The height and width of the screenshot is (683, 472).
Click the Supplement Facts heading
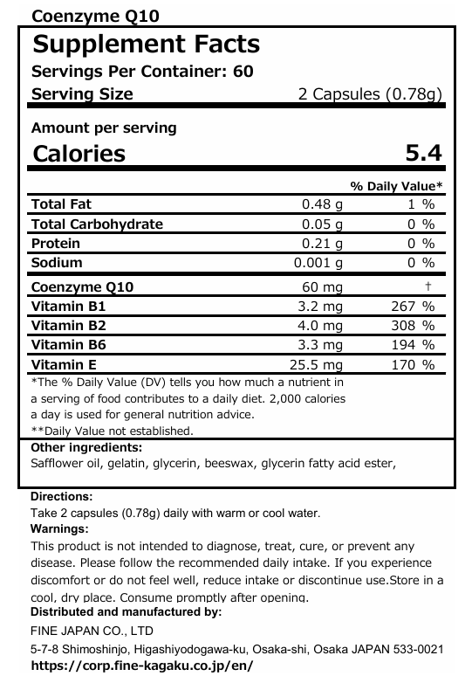(146, 45)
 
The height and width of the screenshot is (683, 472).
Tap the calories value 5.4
(424, 154)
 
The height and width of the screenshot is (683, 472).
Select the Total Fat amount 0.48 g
(322, 204)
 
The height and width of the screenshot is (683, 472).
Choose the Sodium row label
(57, 263)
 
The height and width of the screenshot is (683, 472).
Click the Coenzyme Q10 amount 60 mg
(323, 287)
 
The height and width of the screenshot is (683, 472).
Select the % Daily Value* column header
(396, 186)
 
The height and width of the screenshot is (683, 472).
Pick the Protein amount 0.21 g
(322, 244)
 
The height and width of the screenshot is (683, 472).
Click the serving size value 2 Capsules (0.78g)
(370, 94)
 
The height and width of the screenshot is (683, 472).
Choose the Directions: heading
(61, 496)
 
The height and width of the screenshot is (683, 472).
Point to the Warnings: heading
(59, 529)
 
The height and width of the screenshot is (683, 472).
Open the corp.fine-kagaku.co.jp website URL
(147, 665)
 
